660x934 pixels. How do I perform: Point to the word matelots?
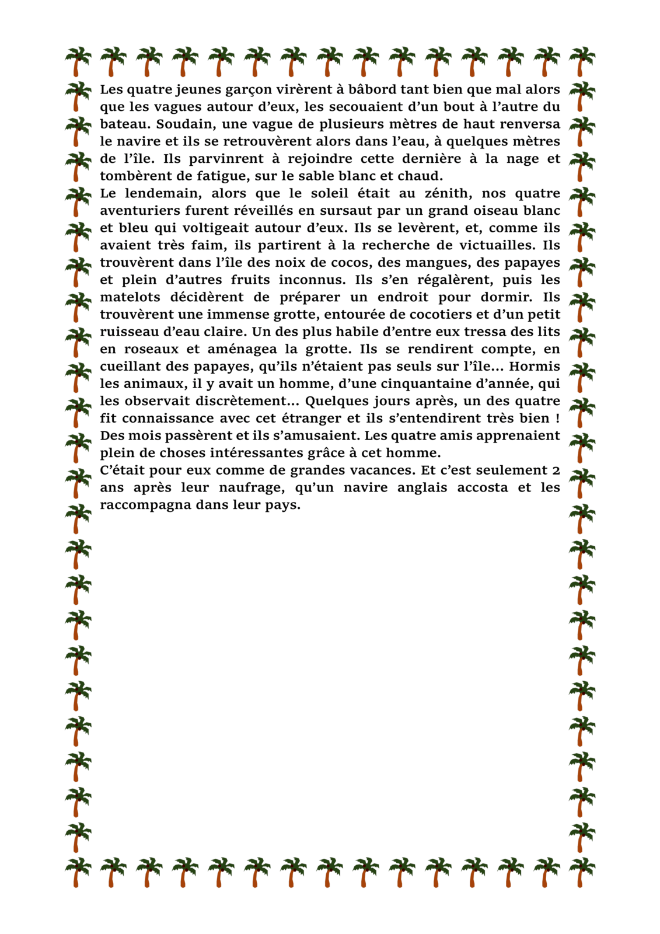[130, 297]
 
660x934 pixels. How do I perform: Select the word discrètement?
[242, 401]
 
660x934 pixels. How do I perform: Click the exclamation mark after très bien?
[557, 418]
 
